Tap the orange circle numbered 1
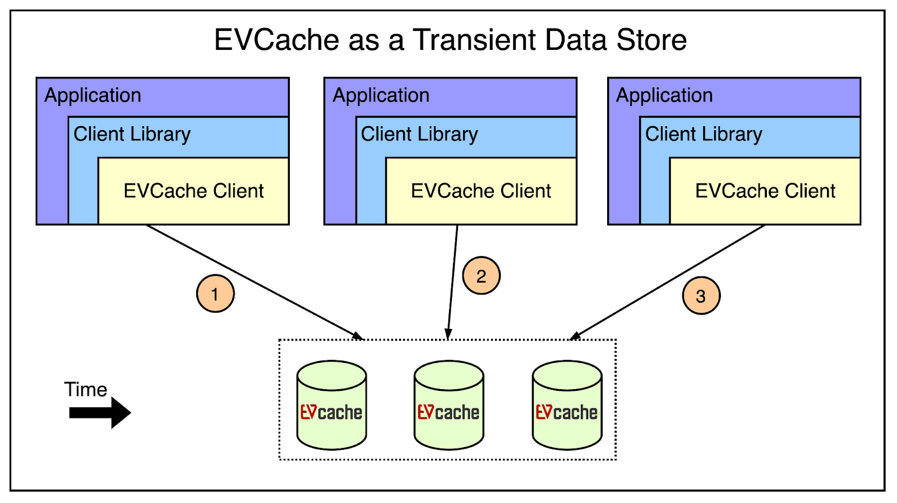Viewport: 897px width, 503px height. [x=215, y=294]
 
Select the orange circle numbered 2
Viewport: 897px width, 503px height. [x=481, y=276]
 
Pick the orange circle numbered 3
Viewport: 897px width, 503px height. [x=701, y=296]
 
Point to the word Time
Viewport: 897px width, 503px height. [x=85, y=389]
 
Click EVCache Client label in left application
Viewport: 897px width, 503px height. [x=193, y=191]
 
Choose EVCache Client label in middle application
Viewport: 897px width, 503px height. [x=481, y=191]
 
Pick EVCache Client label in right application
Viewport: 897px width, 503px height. [x=765, y=191]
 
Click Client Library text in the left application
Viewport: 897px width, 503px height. [x=132, y=134]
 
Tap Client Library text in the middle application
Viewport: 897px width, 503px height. [x=419, y=134]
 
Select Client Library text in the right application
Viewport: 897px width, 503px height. [x=704, y=134]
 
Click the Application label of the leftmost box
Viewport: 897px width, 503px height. [x=93, y=95]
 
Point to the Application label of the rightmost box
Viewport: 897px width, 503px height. [x=664, y=95]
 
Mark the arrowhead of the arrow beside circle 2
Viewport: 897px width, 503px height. [x=448, y=334]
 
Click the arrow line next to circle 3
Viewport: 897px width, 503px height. [x=667, y=283]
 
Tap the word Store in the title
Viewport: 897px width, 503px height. [x=651, y=40]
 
